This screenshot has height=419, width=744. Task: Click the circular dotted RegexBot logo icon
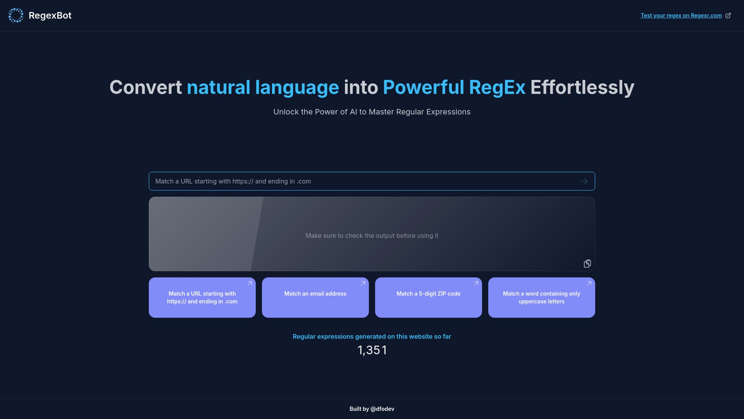(x=16, y=16)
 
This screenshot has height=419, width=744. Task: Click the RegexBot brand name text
(x=50, y=16)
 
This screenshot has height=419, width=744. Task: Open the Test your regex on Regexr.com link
(x=681, y=16)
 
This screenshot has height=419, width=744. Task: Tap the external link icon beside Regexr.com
(x=728, y=16)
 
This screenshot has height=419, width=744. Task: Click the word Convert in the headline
(x=145, y=87)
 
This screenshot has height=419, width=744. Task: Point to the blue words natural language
(x=263, y=87)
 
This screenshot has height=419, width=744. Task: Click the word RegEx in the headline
(x=497, y=87)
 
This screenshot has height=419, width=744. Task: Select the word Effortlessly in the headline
(x=582, y=87)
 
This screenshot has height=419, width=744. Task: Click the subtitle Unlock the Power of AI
(x=372, y=112)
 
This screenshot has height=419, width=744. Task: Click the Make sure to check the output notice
(x=372, y=235)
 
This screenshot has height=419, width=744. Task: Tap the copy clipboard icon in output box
(x=587, y=264)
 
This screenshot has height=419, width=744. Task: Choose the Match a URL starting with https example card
(x=202, y=298)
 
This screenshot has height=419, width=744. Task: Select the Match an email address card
(x=315, y=298)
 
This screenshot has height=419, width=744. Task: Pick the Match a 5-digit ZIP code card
(x=428, y=298)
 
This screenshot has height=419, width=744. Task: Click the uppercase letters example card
(x=541, y=298)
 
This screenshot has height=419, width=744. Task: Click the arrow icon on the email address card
(x=363, y=284)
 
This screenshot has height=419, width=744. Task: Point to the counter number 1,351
(x=372, y=350)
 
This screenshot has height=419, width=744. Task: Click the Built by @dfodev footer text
(x=372, y=409)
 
